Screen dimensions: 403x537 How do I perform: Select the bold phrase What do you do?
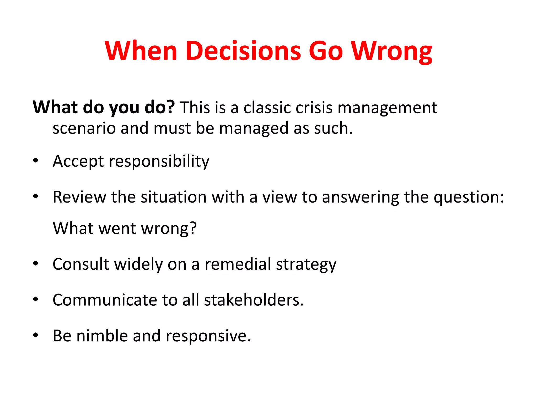click(104, 108)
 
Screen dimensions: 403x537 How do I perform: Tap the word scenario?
click(84, 128)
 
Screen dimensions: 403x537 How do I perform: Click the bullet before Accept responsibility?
click(36, 160)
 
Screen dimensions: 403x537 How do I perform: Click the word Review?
click(79, 197)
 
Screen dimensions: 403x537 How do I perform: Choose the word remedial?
click(238, 264)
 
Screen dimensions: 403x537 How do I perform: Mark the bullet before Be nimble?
click(36, 335)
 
